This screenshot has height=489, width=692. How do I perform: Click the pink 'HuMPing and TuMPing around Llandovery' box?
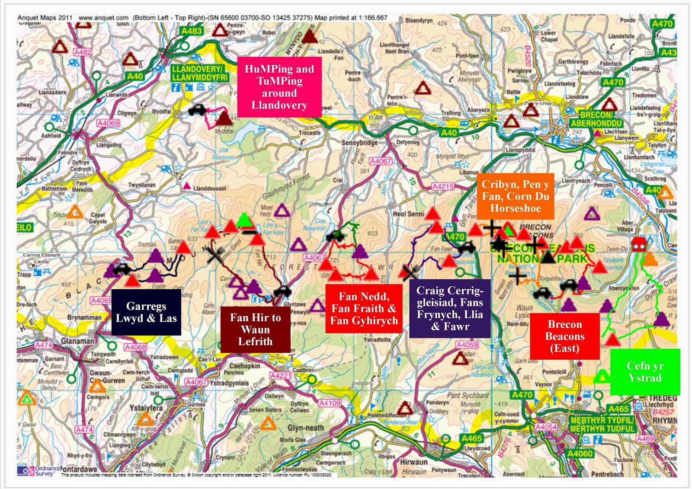[x=279, y=87]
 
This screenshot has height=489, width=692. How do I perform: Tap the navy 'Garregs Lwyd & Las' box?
[x=146, y=312]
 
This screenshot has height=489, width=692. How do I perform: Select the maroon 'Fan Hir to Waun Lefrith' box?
[x=255, y=329]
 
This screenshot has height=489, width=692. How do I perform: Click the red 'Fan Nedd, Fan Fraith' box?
[x=364, y=308]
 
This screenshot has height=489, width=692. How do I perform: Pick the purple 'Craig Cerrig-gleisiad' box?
[x=450, y=308]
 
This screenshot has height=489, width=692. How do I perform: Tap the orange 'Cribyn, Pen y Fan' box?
[x=515, y=196]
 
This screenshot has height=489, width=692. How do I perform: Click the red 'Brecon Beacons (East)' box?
[x=564, y=336]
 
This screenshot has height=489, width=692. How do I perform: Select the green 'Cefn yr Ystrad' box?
[x=645, y=372]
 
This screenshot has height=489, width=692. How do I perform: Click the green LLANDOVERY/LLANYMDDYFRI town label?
[x=199, y=73]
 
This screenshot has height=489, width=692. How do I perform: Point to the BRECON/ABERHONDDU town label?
[x=596, y=119]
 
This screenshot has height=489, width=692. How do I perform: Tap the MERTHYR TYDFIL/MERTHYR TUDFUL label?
[x=602, y=424]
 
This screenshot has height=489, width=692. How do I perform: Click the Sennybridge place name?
[x=359, y=143]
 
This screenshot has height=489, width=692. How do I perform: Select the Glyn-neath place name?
[x=305, y=428]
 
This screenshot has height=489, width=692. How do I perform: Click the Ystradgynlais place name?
[x=229, y=383]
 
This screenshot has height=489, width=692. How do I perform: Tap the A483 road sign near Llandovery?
[x=192, y=31]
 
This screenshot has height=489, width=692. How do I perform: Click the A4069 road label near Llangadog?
[x=108, y=123]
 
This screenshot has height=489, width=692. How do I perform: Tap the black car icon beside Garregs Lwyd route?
[x=122, y=269]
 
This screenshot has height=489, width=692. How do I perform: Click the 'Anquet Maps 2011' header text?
[x=45, y=18]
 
